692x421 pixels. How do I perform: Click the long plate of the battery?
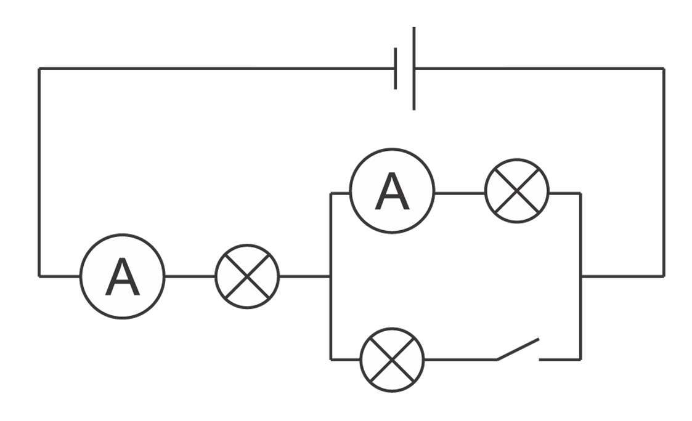click(413, 68)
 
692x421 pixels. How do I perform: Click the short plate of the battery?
click(396, 68)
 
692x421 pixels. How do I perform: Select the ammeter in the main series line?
click(123, 276)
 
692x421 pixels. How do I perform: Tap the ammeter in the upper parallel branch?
click(392, 191)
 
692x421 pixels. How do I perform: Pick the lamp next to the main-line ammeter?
click(247, 276)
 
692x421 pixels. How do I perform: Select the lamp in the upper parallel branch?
click(517, 191)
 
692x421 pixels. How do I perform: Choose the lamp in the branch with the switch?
click(393, 359)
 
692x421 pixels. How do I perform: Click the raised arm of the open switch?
click(518, 348)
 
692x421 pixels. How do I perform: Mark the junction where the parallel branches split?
click(331, 276)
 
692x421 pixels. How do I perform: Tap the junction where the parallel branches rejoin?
click(580, 276)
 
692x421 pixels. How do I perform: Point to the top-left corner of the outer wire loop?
click(39, 68)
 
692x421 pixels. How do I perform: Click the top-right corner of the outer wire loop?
click(664, 68)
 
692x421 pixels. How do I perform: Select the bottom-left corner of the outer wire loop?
click(39, 276)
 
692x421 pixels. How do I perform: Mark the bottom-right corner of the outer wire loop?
click(664, 276)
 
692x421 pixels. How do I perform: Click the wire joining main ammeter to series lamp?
click(190, 276)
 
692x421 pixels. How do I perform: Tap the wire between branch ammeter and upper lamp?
click(460, 193)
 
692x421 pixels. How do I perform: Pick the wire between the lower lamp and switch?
click(461, 359)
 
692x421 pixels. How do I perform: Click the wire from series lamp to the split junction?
click(304, 276)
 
